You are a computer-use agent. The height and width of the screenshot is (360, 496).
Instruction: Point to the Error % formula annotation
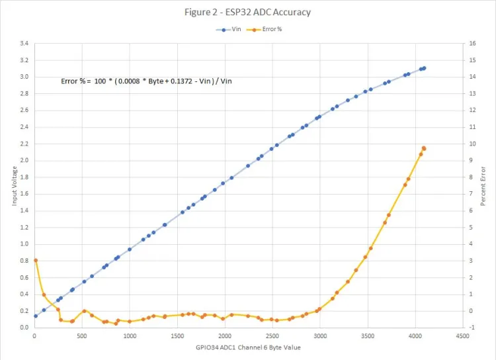coord(146,81)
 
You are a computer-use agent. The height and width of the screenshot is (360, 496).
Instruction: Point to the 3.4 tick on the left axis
coord(24,44)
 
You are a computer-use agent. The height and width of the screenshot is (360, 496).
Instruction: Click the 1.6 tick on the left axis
coord(24,194)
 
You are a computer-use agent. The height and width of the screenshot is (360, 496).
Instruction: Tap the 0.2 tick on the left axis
coord(24,311)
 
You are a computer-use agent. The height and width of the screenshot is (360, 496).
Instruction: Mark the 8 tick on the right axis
coord(472,177)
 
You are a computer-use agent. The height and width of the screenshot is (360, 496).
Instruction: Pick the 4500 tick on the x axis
coord(462,336)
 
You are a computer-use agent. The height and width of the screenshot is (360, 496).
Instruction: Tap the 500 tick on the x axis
coord(82,336)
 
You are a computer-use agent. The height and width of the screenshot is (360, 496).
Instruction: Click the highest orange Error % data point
coord(424,148)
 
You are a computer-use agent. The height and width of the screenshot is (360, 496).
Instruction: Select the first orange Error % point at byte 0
coord(36,261)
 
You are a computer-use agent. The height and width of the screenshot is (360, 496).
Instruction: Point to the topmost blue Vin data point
coord(424,68)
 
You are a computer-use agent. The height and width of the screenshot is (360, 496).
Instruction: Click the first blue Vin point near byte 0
coord(36,316)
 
